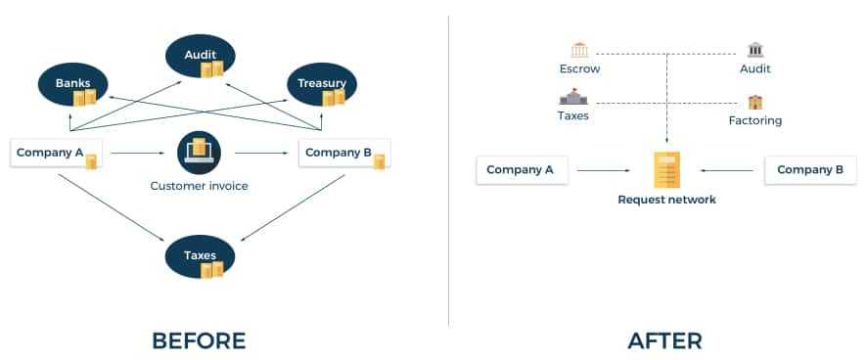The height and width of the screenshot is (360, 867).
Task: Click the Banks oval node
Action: click(x=72, y=86)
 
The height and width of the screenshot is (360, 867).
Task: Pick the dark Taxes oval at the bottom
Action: click(x=200, y=256)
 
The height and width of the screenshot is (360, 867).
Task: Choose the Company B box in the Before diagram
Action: click(x=343, y=154)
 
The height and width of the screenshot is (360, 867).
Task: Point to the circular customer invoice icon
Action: click(x=200, y=153)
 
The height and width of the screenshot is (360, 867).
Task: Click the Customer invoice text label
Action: click(x=200, y=186)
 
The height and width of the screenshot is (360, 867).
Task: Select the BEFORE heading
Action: click(x=199, y=340)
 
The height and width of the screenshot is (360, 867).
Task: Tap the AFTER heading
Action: click(x=664, y=340)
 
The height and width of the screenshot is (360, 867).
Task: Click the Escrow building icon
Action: click(x=579, y=50)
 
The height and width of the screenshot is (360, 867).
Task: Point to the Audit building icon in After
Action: click(x=755, y=50)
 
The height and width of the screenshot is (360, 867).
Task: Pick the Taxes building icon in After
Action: click(x=572, y=97)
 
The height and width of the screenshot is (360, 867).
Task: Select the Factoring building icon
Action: click(x=755, y=102)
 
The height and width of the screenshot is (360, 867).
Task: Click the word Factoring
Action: click(x=755, y=120)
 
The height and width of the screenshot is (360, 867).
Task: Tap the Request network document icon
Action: click(x=666, y=170)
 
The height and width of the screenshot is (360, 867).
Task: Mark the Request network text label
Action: click(x=666, y=200)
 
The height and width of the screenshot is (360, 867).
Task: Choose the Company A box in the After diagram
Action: click(x=521, y=170)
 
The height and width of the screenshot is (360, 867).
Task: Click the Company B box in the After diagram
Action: click(x=810, y=170)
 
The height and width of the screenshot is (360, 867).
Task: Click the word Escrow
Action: click(x=579, y=68)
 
